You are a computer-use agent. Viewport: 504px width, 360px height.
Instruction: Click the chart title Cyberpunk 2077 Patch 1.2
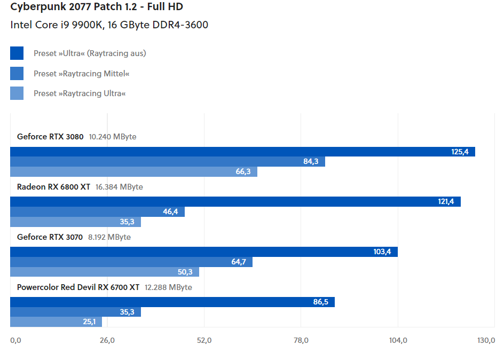97,7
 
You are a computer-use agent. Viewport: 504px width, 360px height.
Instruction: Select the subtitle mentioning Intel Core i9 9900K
109,25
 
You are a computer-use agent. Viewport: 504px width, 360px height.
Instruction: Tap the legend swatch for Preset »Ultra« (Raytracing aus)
17,53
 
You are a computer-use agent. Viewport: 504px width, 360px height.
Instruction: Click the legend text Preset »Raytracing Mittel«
81,73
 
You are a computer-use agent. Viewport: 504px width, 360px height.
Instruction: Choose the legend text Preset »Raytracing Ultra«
80,93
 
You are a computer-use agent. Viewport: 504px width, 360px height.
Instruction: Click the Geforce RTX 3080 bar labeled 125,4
242,152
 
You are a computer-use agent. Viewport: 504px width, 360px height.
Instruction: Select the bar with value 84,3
168,161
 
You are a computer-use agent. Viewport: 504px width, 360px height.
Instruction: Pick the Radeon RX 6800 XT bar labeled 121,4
235,201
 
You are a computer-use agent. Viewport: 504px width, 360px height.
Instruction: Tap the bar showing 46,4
97,212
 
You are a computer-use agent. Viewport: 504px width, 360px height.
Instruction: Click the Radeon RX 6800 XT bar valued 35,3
75,222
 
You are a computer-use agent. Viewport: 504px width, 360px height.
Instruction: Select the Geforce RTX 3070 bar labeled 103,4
203,252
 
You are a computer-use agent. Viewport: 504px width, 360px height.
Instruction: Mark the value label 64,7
238,262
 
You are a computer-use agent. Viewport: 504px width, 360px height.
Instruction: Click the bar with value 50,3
104,272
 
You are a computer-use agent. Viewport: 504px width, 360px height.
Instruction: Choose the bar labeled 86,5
172,302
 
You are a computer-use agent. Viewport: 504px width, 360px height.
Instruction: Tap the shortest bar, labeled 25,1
56,322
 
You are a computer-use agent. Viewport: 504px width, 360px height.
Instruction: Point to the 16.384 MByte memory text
119,187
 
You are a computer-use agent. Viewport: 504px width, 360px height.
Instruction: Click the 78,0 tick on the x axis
301,340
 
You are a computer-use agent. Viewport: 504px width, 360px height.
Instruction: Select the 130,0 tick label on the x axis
486,340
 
